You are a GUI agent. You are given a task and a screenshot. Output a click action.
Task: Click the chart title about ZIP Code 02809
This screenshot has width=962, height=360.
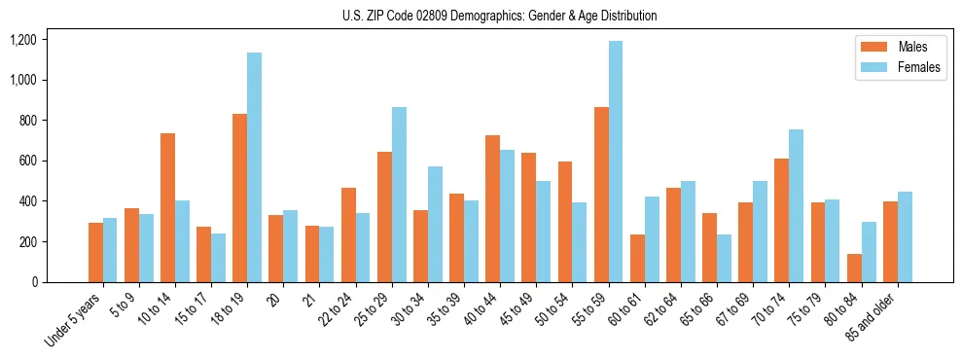(x=500, y=16)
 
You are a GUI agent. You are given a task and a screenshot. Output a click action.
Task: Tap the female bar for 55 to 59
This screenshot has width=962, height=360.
(x=616, y=162)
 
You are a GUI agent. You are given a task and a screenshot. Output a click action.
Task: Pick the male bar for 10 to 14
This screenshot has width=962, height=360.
(x=167, y=207)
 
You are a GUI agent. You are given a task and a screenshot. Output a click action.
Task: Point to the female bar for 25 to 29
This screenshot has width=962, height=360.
(x=399, y=195)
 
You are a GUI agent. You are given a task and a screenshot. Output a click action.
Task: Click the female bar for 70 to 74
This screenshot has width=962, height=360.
(x=796, y=205)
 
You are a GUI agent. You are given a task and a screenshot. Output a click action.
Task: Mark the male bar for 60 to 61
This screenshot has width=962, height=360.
(x=637, y=258)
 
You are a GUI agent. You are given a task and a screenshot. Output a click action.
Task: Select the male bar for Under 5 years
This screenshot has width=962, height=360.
(x=95, y=252)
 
